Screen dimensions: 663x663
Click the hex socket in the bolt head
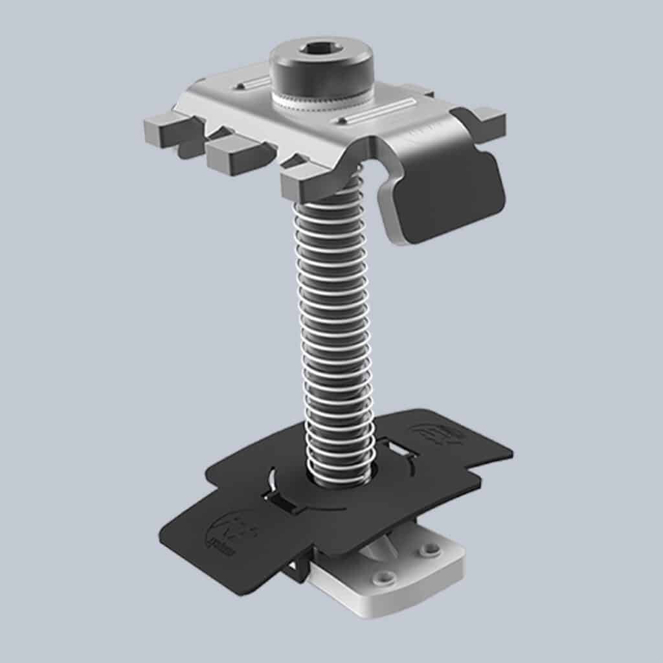[321, 49]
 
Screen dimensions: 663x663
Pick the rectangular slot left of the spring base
[279, 499]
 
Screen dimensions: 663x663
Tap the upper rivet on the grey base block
[429, 550]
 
